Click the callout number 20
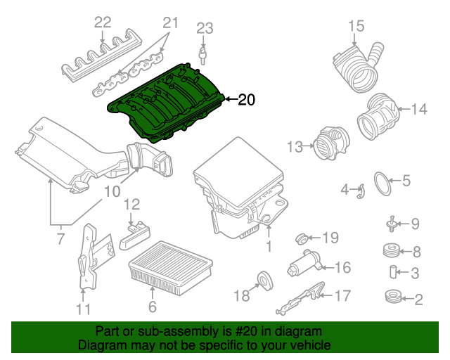click(x=246, y=100)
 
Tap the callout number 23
click(x=204, y=29)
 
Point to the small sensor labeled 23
click(x=204, y=53)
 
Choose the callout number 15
click(x=356, y=27)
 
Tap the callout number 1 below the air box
click(x=268, y=246)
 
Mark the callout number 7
click(x=60, y=239)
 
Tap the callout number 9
click(x=415, y=224)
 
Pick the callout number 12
click(x=132, y=205)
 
